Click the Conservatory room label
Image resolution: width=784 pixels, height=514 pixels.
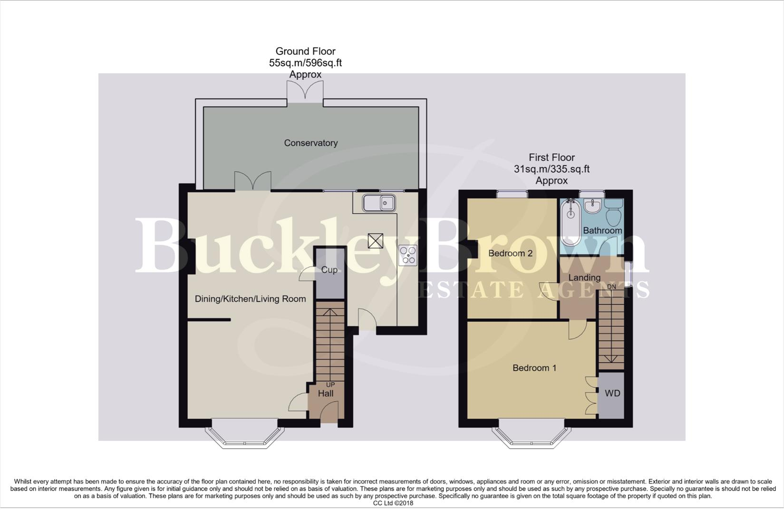[310, 143]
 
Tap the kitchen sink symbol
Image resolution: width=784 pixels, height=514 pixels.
[379, 203]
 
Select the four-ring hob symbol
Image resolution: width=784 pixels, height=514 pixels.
[408, 255]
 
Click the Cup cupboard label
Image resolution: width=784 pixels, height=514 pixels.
[329, 270]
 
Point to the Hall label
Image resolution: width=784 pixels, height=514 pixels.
[326, 394]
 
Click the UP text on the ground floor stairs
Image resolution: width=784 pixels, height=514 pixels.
[330, 385]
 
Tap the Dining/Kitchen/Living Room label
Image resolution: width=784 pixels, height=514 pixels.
[250, 299]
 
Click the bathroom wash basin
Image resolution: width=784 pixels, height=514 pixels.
[592, 206]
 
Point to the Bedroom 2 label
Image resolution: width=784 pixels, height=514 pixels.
[510, 253]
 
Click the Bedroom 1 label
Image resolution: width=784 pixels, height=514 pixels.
[534, 368]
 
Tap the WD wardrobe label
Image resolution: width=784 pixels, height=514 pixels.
[612, 394]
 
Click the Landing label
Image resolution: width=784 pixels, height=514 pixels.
[584, 277]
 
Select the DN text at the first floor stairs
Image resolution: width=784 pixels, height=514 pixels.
[611, 287]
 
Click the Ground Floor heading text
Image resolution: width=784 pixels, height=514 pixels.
[305, 51]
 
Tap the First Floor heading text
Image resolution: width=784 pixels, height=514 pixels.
[552, 158]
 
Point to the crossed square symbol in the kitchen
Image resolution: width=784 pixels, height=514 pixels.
[375, 241]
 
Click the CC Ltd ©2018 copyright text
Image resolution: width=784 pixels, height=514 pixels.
[393, 503]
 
